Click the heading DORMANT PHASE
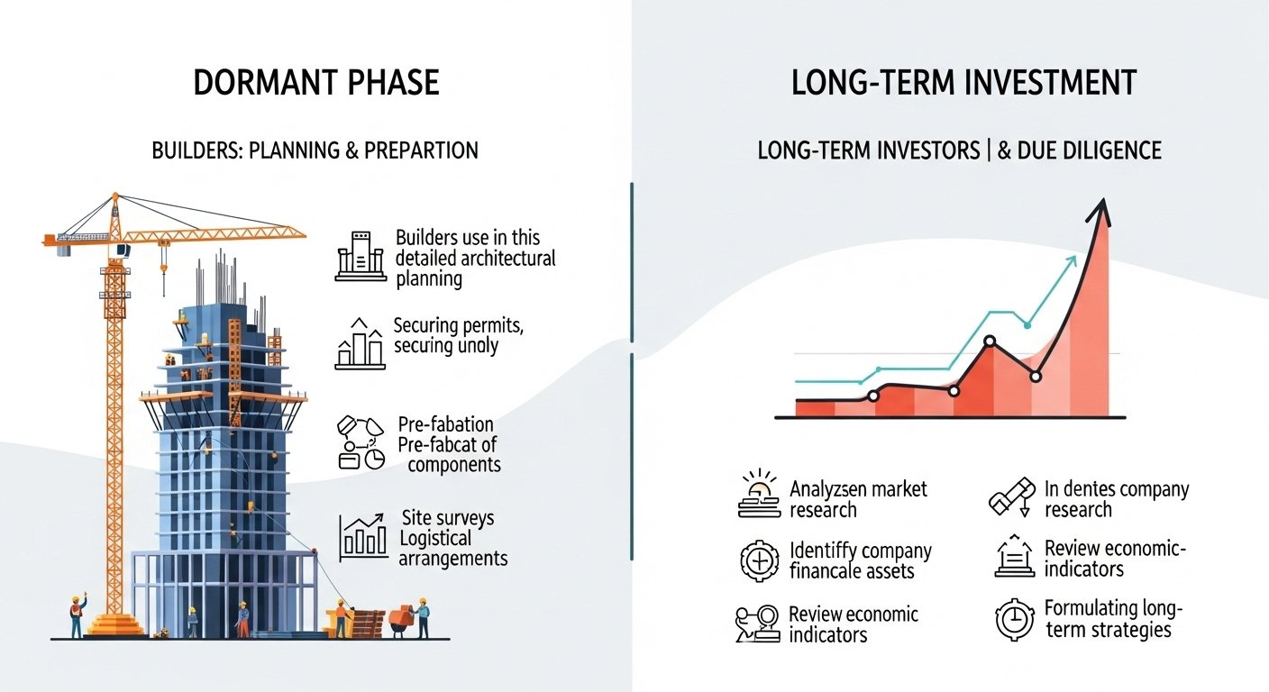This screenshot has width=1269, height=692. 315,83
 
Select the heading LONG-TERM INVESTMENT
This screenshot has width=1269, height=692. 963,83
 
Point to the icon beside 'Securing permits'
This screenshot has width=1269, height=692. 360,343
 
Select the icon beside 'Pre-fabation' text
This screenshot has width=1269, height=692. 360,442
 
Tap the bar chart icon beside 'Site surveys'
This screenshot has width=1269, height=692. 363,537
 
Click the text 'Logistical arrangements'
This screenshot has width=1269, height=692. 452,548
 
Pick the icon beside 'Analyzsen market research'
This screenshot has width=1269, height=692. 759,495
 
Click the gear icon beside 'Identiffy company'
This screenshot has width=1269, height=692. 759,560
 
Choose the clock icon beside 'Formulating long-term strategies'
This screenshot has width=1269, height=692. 1015,620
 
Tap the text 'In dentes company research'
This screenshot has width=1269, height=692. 1116,499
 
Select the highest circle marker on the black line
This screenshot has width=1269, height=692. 990,341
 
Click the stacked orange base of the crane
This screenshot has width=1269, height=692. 114,624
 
